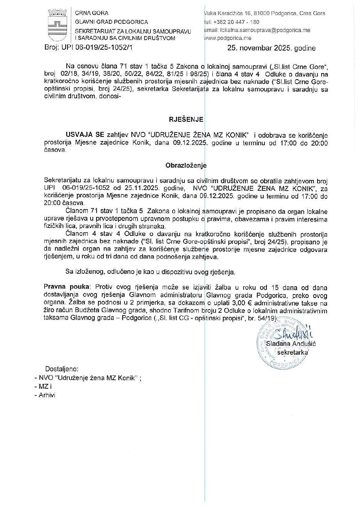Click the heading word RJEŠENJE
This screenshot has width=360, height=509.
186,119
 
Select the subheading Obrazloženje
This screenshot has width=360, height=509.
186,166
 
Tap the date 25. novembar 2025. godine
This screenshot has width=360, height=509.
271,48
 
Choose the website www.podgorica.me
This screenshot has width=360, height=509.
228,38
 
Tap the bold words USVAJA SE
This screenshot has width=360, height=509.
85,135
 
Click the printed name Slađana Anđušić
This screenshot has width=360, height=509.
291,343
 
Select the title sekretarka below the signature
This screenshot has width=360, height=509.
292,352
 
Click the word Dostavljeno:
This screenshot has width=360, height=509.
62,369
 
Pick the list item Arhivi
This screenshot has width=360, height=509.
47,395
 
